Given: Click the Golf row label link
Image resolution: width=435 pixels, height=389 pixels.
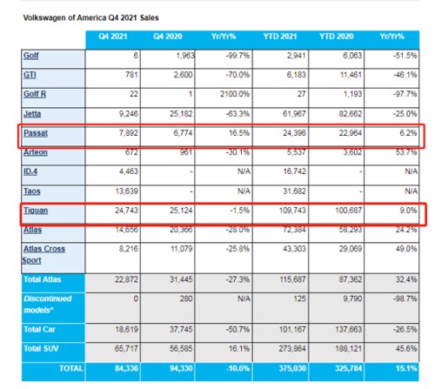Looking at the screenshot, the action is tap(30, 56).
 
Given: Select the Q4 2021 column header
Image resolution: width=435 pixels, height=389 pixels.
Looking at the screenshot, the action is tap(113, 37).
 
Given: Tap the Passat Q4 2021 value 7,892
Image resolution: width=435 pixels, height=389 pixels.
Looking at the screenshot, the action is tap(129, 133).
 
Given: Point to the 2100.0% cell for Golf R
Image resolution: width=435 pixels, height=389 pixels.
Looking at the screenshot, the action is tap(235, 94).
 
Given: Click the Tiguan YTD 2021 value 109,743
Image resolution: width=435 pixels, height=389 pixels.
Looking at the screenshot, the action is tap(292, 210).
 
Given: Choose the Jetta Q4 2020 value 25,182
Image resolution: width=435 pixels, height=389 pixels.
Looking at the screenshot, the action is tap(181, 113).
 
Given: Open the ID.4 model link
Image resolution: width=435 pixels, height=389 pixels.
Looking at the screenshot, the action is tap(30, 171).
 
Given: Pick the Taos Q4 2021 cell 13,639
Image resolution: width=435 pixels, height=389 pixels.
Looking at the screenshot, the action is tap(126, 191).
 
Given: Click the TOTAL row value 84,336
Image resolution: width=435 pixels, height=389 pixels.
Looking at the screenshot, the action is tap(126, 368).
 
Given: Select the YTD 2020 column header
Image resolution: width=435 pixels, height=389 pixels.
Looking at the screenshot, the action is tap(337, 37).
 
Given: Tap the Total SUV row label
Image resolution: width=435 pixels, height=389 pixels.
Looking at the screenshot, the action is tap(41, 348).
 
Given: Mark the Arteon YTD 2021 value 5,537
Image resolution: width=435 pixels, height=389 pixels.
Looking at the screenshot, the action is tap(297, 152).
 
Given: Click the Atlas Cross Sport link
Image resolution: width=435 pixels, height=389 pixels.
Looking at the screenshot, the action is tap(43, 254).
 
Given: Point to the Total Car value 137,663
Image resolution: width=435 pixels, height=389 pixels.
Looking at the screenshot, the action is tap(349, 329).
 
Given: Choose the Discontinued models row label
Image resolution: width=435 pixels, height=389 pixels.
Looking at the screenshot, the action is tap(47, 305).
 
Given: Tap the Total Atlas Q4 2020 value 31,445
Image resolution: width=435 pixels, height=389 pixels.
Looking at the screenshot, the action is tap(181, 279).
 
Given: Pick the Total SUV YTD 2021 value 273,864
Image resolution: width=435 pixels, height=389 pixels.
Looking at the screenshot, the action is tap(292, 348).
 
